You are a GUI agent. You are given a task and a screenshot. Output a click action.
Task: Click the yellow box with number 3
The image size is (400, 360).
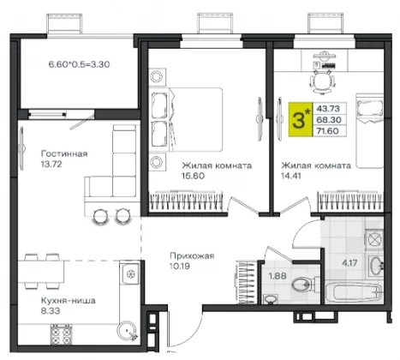(x=301, y=119)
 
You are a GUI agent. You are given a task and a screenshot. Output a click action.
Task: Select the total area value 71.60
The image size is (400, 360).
(x=327, y=131)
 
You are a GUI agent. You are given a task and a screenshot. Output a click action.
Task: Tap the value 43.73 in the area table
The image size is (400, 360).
(x=328, y=109)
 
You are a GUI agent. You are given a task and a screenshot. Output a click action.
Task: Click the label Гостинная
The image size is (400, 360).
(x=64, y=153)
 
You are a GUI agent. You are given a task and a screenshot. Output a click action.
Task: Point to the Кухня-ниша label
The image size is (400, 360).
(x=69, y=301)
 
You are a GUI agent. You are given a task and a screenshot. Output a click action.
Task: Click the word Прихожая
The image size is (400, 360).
(x=192, y=255)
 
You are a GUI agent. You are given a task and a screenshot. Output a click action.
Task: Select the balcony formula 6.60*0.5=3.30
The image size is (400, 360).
(x=79, y=64)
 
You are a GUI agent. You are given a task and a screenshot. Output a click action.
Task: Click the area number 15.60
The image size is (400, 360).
(x=194, y=176)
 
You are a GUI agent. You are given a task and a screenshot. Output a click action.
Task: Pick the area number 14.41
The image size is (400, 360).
(x=291, y=176)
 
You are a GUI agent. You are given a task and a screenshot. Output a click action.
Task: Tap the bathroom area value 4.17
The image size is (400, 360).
(x=349, y=262)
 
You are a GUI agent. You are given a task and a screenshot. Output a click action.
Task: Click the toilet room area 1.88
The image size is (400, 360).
(x=278, y=276)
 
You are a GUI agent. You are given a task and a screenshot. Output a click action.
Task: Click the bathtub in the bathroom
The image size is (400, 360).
(x=354, y=292)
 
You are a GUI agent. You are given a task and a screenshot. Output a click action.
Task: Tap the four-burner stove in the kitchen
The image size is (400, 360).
(x=61, y=334)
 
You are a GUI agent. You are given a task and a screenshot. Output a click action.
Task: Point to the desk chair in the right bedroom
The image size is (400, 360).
(x=322, y=80)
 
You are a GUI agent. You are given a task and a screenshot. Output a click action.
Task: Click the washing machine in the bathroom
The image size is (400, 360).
(x=373, y=237)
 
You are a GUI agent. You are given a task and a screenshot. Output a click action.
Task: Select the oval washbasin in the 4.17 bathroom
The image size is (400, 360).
(x=376, y=266)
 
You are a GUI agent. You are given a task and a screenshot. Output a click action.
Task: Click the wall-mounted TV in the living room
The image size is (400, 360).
(x=21, y=148)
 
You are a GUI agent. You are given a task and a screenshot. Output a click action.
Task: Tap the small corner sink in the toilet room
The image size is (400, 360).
(x=270, y=299)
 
